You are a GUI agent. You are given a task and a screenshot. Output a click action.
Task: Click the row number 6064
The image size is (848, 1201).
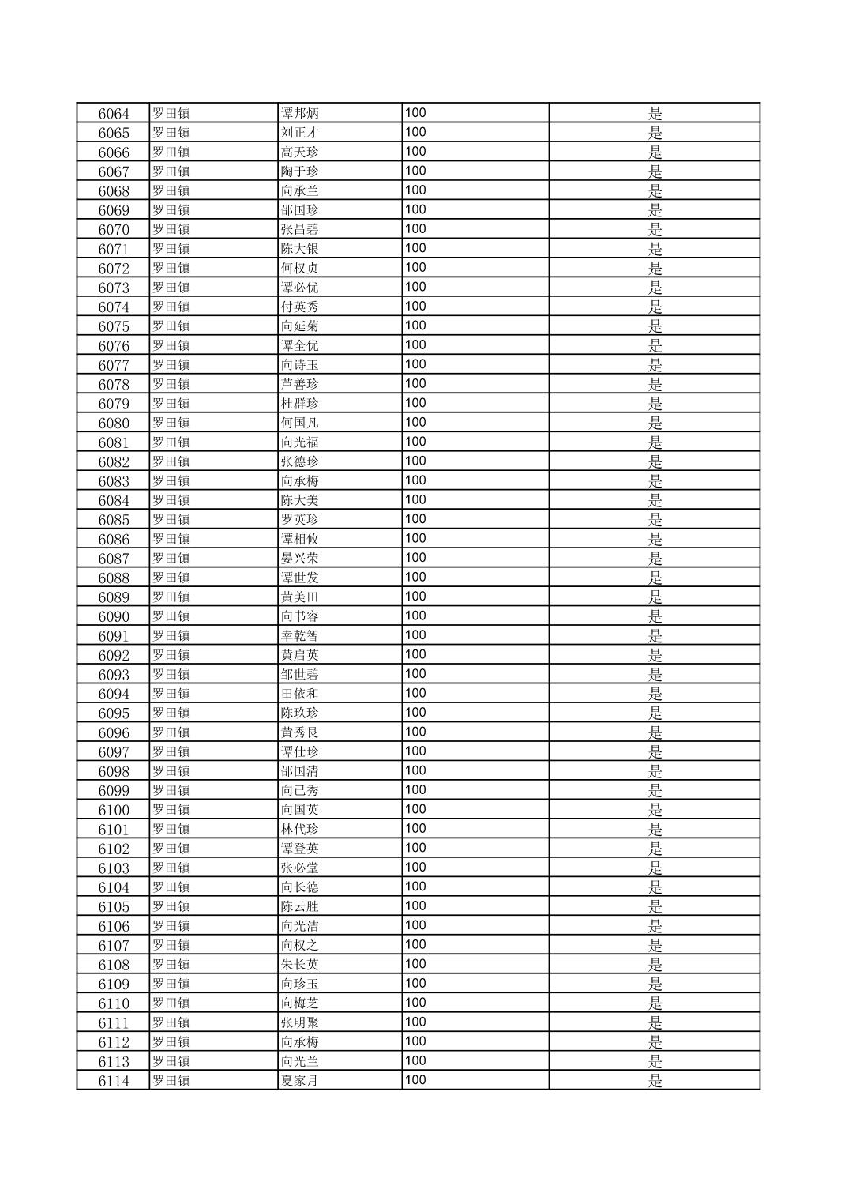pyautogui.click(x=114, y=114)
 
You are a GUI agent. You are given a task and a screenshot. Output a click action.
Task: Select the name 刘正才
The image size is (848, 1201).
pyautogui.click(x=300, y=133)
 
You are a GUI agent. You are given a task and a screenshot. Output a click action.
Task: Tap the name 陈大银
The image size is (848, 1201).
pyautogui.click(x=300, y=249)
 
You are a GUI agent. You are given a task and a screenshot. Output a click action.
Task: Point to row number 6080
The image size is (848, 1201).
pyautogui.click(x=114, y=424)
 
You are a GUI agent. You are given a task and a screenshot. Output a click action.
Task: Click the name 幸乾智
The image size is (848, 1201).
pyautogui.click(x=300, y=636)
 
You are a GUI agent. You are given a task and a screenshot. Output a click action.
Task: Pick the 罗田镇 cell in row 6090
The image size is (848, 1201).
pyautogui.click(x=171, y=616)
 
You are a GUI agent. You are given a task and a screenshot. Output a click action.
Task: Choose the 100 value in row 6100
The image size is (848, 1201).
pyautogui.click(x=415, y=809)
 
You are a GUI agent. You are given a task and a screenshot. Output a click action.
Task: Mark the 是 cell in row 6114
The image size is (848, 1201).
pyautogui.click(x=655, y=1081)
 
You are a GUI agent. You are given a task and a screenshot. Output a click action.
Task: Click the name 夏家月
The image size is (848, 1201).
pyautogui.click(x=300, y=1081)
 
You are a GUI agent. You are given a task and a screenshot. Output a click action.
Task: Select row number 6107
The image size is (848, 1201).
pyautogui.click(x=114, y=946)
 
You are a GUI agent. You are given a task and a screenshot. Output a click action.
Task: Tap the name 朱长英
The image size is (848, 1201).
pyautogui.click(x=300, y=965)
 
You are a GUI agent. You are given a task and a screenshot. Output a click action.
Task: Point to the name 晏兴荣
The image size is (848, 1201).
pyautogui.click(x=300, y=559)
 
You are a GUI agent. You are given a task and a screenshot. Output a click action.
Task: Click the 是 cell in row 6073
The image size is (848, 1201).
pyautogui.click(x=655, y=288)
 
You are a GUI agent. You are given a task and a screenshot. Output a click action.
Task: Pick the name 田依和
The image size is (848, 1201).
pyautogui.click(x=300, y=694)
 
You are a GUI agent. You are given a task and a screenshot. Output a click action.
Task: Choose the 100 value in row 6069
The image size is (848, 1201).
pyautogui.click(x=415, y=209)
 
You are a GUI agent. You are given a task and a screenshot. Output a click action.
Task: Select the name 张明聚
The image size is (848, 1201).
pyautogui.click(x=300, y=1022)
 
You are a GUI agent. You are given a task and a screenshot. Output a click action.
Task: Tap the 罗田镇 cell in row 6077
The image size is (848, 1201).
pyautogui.click(x=171, y=365)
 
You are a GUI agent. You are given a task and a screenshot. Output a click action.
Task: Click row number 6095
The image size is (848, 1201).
pyautogui.click(x=114, y=713)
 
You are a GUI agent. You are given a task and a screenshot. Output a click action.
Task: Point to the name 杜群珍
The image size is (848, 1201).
pyautogui.click(x=300, y=404)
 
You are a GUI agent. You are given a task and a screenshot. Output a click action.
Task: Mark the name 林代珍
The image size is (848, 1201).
pyautogui.click(x=300, y=829)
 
